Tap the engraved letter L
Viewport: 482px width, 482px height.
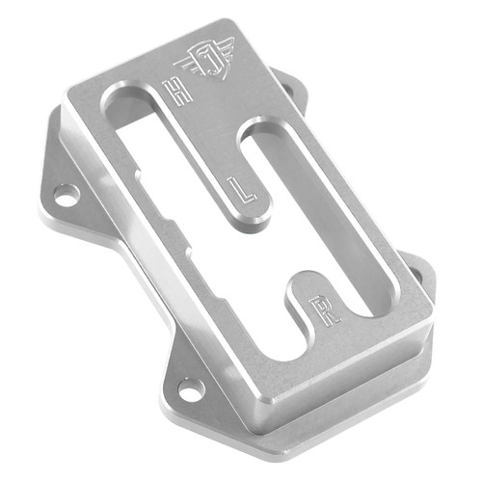tap(245, 188)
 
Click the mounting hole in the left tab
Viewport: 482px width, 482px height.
tap(66, 195)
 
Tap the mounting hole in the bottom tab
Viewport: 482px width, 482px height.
tap(191, 390)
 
